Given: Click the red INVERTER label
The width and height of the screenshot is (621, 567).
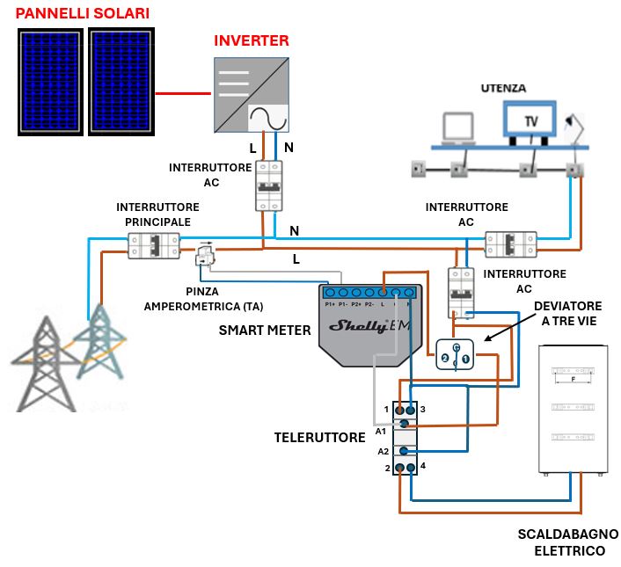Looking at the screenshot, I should (x=252, y=41).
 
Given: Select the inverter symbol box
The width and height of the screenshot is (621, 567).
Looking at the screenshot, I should (x=254, y=94).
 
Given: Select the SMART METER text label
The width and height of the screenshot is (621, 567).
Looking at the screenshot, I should (x=265, y=331).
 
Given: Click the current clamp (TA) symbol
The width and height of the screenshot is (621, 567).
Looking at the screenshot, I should (x=205, y=255).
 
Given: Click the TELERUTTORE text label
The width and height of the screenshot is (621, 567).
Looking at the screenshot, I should (x=319, y=437).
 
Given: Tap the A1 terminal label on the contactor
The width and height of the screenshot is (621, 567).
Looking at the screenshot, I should (x=381, y=431).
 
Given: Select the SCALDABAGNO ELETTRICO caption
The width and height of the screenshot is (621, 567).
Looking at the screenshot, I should (x=567, y=542).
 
